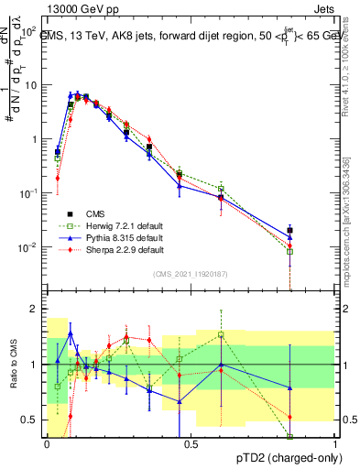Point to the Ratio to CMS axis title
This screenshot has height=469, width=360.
[x=12, y=365]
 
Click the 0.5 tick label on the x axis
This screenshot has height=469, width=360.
[x=191, y=443]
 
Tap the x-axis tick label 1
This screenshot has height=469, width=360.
[x=335, y=443]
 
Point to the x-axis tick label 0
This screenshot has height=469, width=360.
[x=47, y=443]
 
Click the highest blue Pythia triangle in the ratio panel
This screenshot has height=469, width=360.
[x=71, y=334]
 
